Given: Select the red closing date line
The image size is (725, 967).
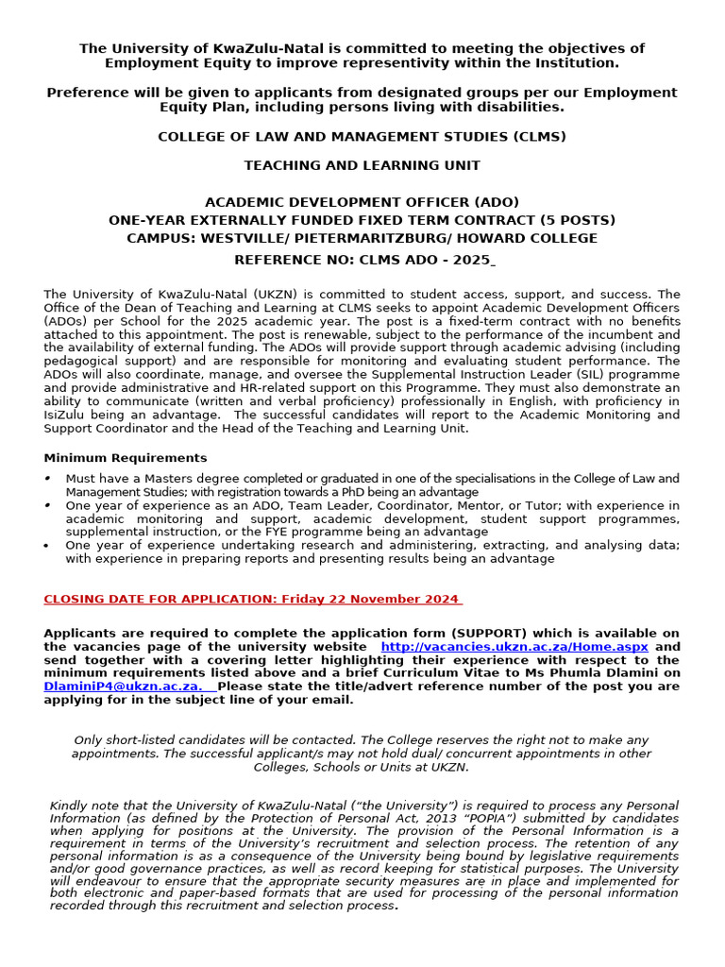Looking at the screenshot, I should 251,599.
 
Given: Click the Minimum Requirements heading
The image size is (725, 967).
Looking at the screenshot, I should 126,458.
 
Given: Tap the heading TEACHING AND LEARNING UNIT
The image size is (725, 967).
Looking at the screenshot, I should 362,165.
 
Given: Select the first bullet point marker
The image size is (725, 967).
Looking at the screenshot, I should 49,480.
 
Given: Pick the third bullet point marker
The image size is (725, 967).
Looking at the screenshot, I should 49,546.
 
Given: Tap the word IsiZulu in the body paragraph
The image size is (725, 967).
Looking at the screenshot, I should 66,415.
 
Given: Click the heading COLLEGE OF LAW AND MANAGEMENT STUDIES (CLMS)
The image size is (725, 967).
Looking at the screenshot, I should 362,137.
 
